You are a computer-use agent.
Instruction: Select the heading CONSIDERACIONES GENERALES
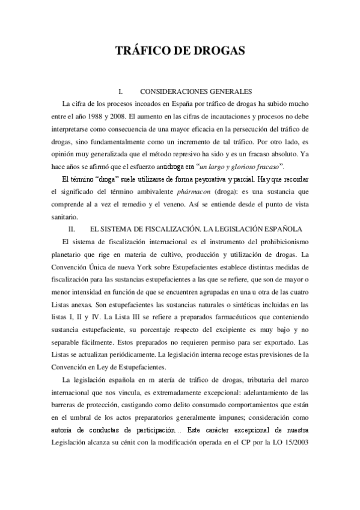click(195, 91)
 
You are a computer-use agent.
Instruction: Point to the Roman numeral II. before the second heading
click(71, 213)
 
